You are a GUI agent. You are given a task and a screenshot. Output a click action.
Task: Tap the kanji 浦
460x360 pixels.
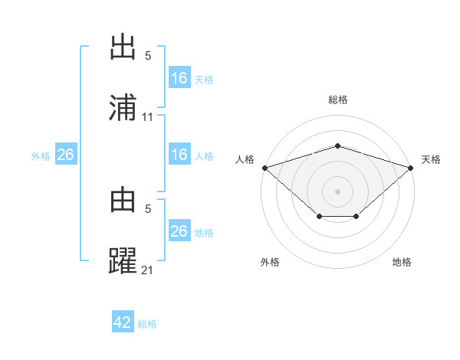tap(123, 107)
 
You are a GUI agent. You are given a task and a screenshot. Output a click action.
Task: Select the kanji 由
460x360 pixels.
tap(123, 200)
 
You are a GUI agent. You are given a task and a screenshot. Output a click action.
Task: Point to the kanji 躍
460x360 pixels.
tap(123, 260)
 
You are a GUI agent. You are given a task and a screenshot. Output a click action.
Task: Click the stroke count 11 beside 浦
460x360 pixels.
tap(148, 117)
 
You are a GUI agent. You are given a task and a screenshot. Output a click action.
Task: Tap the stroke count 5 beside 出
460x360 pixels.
tap(148, 56)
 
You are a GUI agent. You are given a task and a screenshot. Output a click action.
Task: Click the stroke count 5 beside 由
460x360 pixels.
tap(148, 208)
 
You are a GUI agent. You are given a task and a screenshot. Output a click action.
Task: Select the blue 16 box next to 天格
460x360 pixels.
tap(179, 78)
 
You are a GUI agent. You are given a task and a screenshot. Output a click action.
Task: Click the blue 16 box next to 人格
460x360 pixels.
tap(179, 155)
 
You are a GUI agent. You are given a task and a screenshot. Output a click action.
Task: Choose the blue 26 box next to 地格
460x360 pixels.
tap(179, 231)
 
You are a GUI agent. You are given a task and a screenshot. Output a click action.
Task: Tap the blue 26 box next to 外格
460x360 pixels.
tap(66, 155)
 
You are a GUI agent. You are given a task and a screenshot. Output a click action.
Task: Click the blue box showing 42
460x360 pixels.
tap(123, 322)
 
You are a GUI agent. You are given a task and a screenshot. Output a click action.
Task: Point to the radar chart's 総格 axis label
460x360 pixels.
tap(337, 100)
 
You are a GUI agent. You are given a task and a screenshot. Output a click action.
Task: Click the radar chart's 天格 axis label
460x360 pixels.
tap(432, 159)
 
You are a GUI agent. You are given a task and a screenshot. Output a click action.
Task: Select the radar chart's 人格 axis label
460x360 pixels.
tap(245, 159)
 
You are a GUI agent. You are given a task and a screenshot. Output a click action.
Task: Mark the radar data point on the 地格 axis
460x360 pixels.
tap(356, 218)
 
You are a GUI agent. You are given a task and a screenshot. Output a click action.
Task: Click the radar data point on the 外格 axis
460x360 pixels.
tap(318, 218)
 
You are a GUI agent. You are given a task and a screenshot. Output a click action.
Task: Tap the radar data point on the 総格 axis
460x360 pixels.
tap(337, 146)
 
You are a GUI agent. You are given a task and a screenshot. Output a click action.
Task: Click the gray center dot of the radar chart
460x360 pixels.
tap(337, 191)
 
